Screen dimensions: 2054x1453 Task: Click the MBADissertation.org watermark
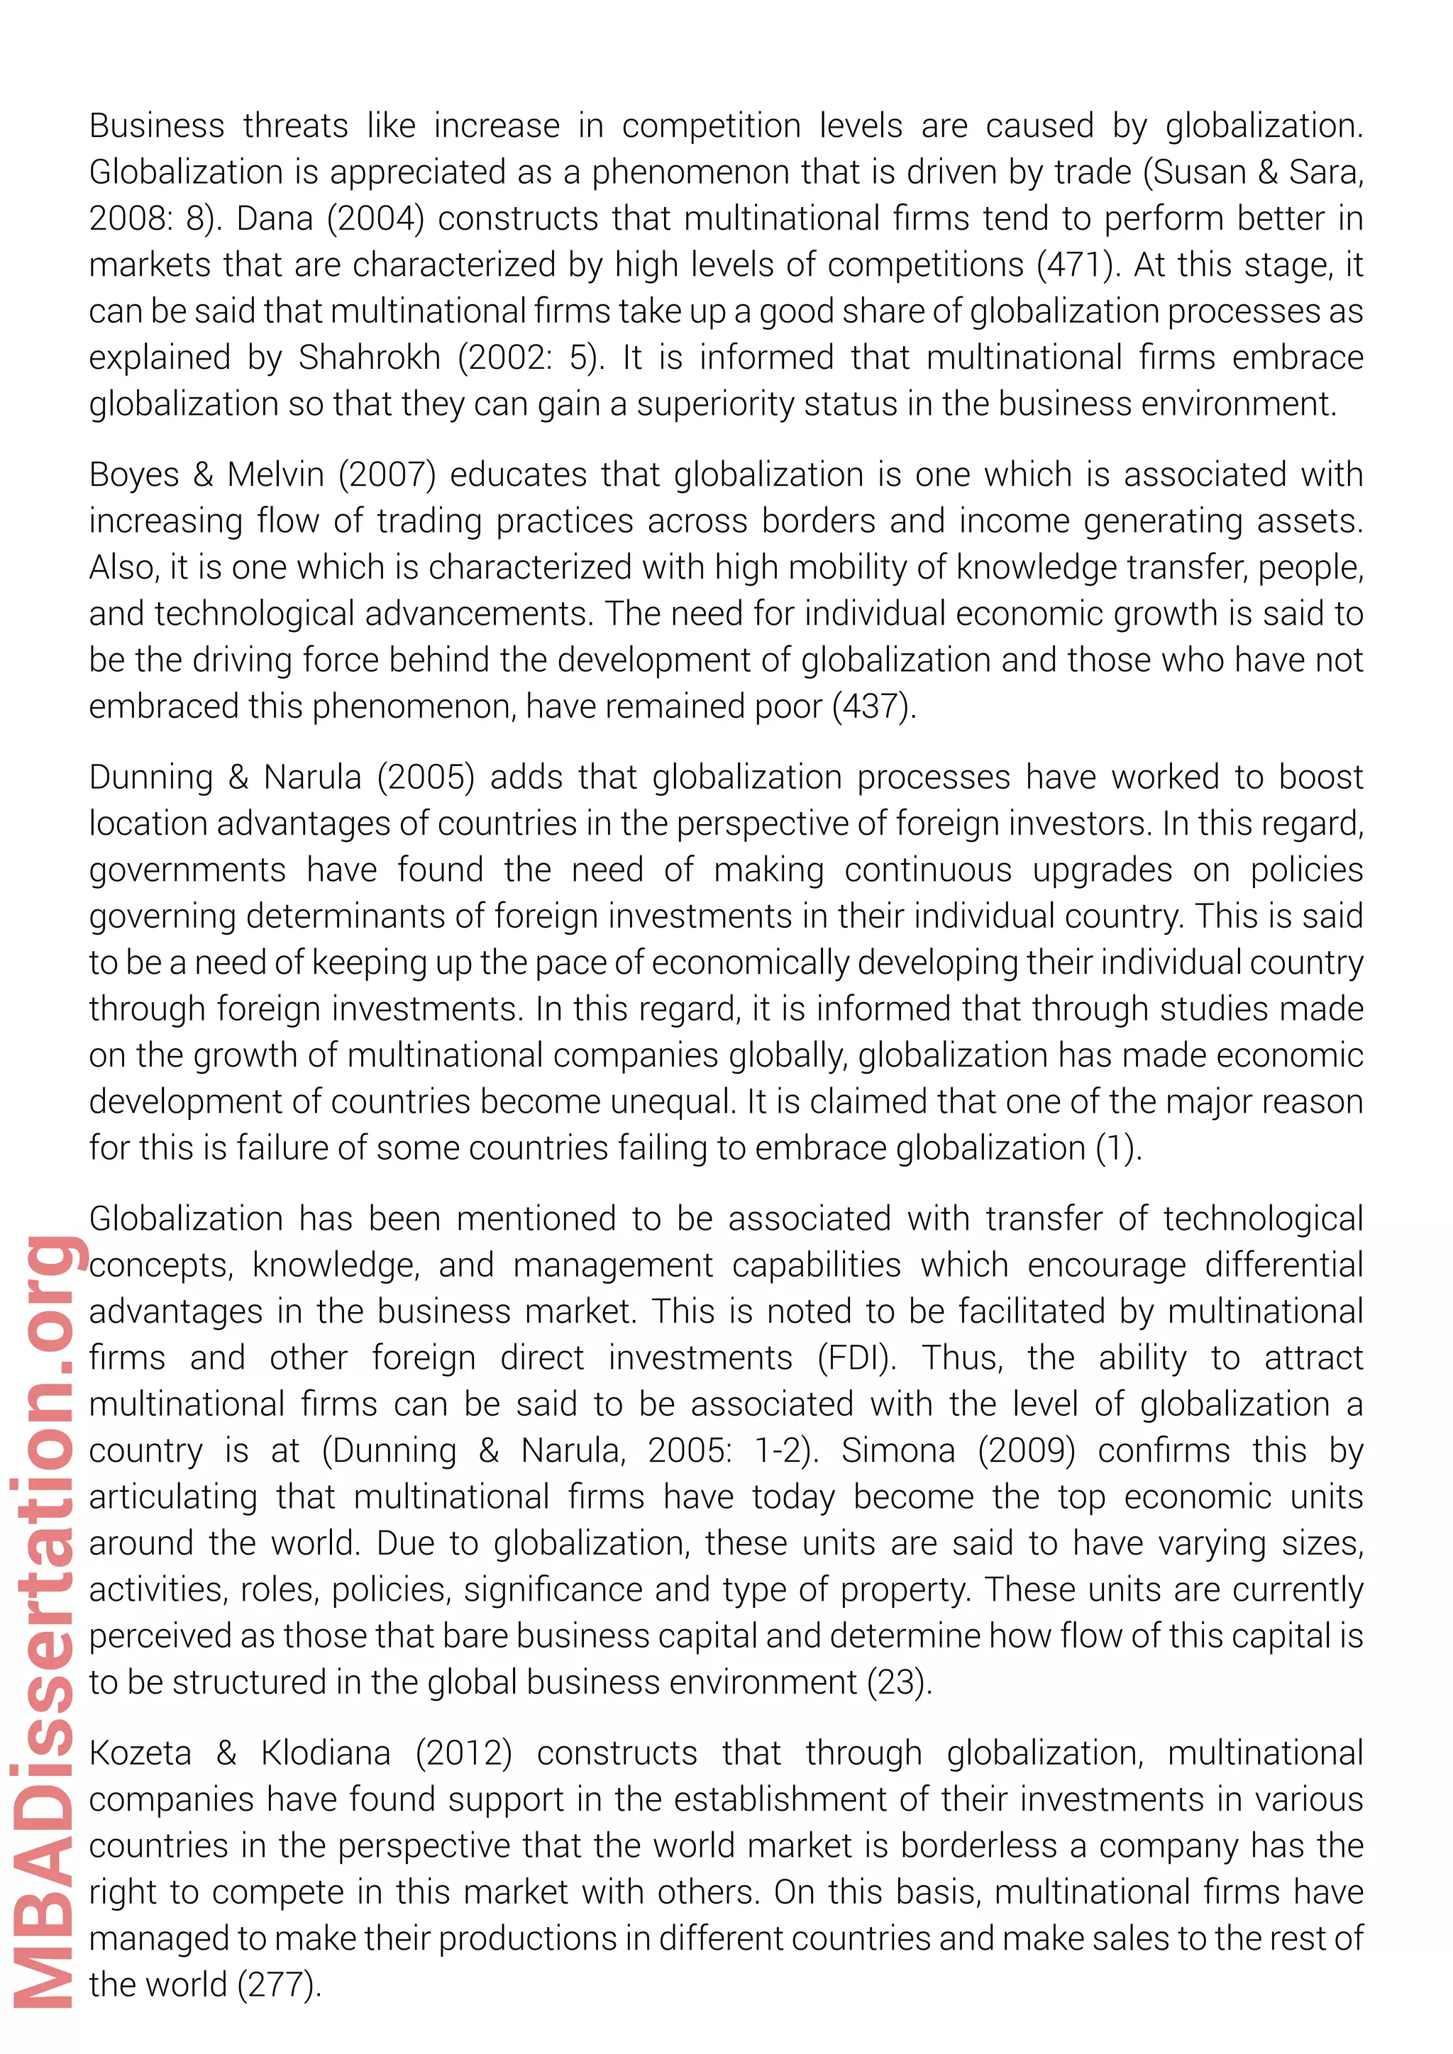[x=45, y=1619]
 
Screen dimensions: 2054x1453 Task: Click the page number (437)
[x=873, y=706]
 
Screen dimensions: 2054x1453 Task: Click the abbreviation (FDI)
[x=856, y=1358]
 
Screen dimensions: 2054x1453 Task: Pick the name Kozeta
[x=140, y=1753]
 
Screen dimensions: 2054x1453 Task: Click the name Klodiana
[x=326, y=1753]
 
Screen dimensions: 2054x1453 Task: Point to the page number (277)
[x=278, y=1984]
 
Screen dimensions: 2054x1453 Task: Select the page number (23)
[x=899, y=1683]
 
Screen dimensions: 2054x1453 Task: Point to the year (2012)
[x=463, y=1753]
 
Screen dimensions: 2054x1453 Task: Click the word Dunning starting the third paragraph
[x=150, y=777]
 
